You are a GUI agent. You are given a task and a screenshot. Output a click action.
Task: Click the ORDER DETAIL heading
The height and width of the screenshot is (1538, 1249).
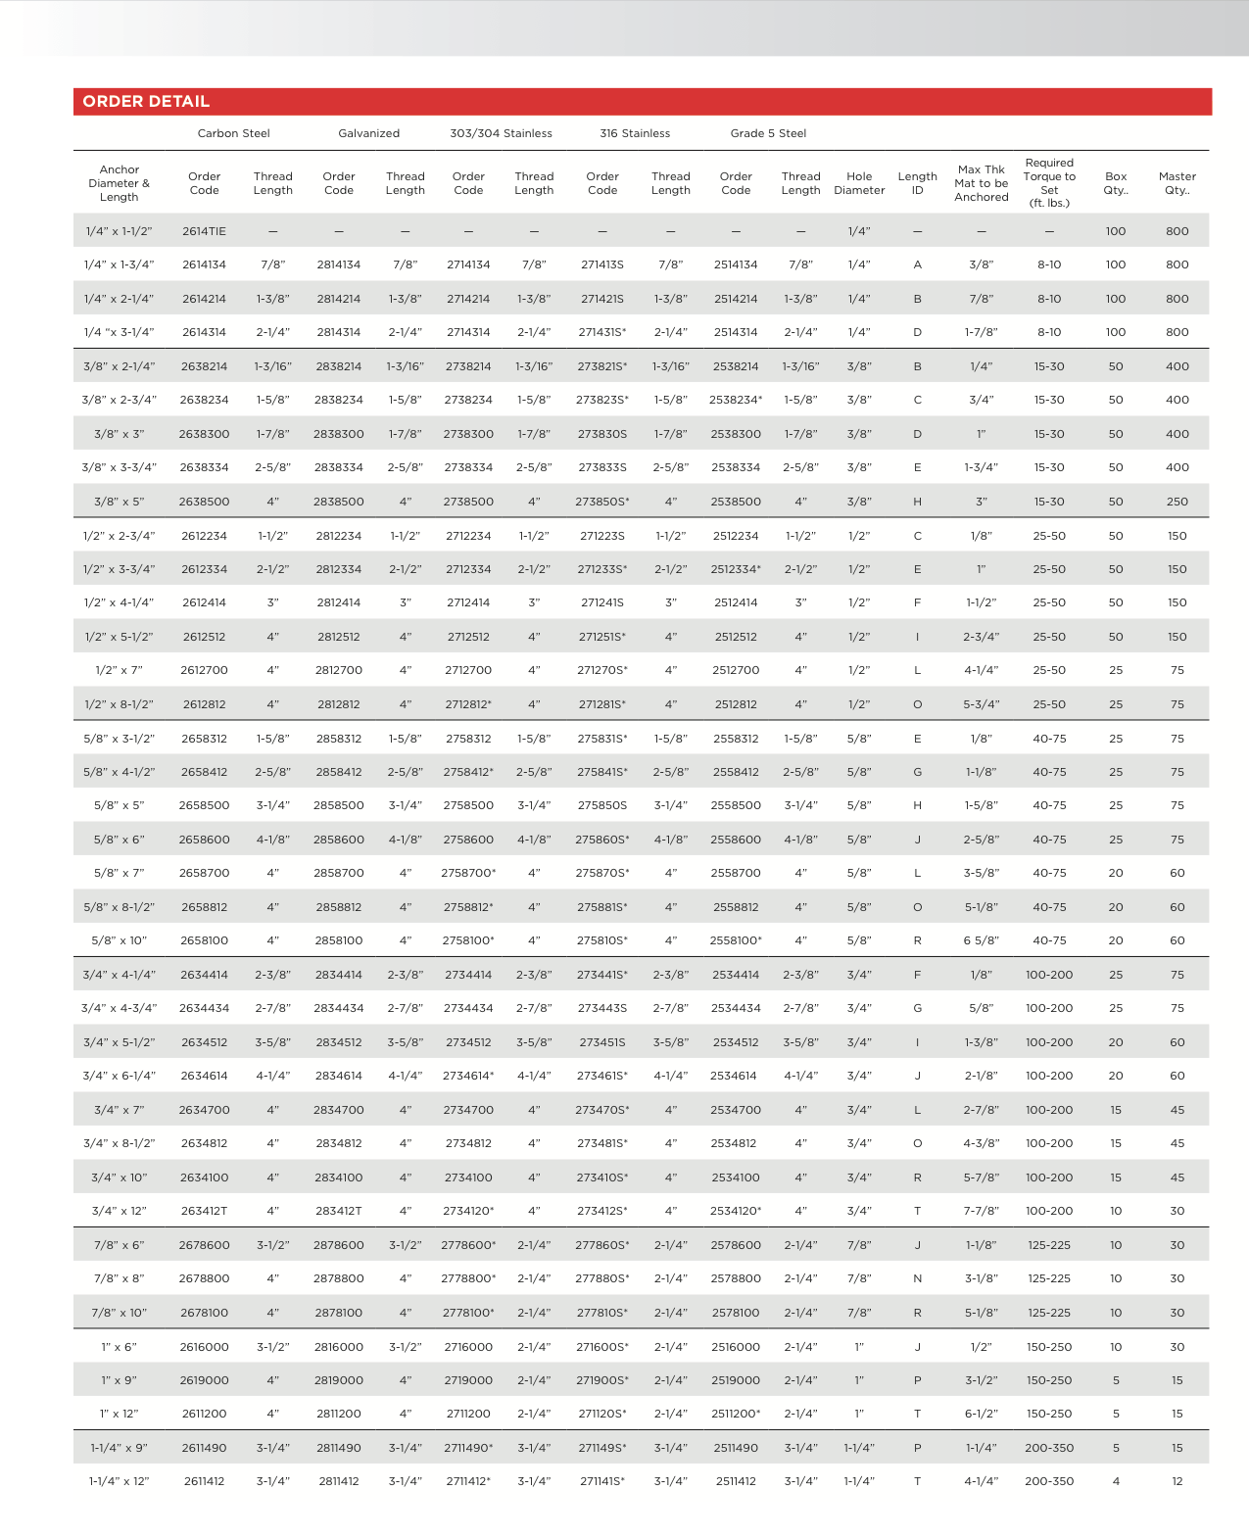click(146, 102)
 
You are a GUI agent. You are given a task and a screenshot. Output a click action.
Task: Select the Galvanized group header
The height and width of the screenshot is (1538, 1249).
click(368, 133)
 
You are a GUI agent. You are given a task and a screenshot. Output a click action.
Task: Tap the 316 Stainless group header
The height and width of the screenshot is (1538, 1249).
click(635, 133)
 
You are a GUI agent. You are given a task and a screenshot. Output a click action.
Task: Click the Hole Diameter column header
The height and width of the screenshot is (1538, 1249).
click(859, 183)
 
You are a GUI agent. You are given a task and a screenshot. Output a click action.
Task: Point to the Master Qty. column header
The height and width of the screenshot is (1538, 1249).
click(1177, 183)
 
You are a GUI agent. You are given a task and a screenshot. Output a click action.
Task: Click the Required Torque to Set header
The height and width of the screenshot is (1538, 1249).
click(1049, 183)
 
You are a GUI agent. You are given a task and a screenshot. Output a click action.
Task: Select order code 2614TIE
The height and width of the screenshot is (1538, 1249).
click(204, 231)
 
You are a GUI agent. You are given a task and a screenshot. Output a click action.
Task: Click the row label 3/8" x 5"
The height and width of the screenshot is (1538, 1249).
click(120, 502)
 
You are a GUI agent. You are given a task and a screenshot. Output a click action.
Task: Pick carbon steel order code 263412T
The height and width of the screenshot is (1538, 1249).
click(204, 1211)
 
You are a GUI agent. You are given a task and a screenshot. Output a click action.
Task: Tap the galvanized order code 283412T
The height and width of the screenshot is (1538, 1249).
click(338, 1211)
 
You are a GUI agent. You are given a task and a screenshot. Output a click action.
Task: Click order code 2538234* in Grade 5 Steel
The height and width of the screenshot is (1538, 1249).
click(736, 400)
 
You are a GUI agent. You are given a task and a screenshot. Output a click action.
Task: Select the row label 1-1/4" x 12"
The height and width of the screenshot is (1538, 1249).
click(120, 1481)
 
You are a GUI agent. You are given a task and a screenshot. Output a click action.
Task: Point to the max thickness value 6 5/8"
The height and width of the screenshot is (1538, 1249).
click(981, 940)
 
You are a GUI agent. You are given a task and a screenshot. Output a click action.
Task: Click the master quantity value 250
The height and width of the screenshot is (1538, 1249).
click(1177, 502)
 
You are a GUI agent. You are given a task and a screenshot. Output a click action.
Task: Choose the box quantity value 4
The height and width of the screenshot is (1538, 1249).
click(1116, 1481)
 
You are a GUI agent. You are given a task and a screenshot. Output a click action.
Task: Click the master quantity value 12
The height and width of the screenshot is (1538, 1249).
click(1177, 1481)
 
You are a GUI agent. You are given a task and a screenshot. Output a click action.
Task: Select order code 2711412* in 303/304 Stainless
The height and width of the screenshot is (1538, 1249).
click(468, 1481)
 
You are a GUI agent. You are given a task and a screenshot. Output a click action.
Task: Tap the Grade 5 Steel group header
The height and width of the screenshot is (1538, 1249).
click(768, 133)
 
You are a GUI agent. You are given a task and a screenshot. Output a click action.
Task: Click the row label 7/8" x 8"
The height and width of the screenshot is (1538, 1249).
click(120, 1278)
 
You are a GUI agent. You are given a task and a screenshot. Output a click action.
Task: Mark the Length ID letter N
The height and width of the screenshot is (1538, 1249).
click(917, 1278)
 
